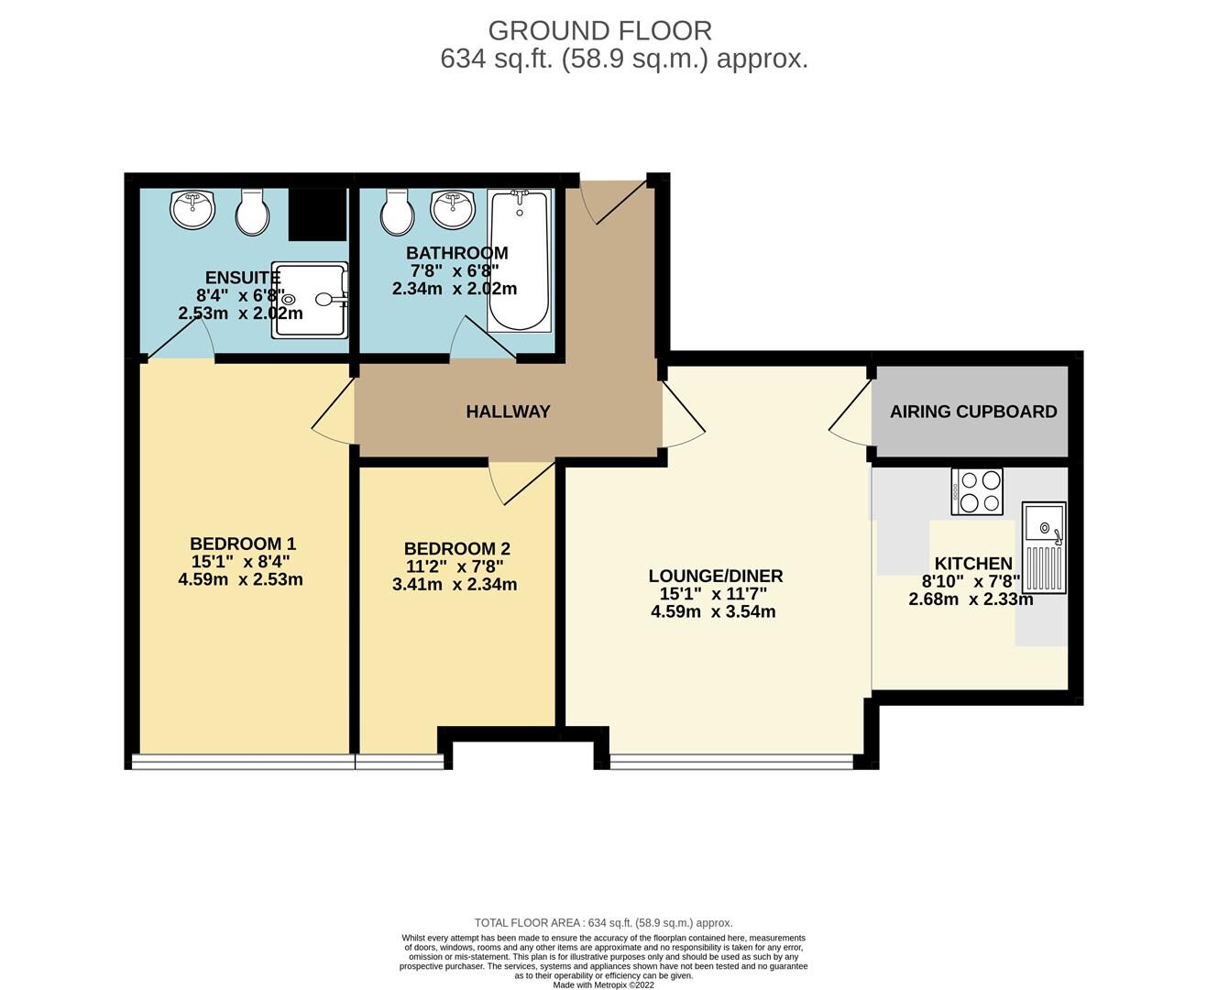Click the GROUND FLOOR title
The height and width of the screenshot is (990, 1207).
click(x=599, y=30)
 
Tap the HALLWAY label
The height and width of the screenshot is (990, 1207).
click(x=508, y=412)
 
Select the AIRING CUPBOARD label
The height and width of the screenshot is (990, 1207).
click(x=973, y=412)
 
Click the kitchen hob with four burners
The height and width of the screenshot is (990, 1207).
click(x=977, y=491)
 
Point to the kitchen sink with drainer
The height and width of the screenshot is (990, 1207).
click(x=1044, y=547)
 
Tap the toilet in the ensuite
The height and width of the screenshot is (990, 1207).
click(x=252, y=214)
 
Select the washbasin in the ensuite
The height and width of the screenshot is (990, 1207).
click(x=192, y=209)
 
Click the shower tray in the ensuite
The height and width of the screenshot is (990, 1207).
click(x=311, y=300)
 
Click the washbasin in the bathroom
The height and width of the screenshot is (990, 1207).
click(x=452, y=209)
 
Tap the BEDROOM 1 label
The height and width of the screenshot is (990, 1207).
click(x=242, y=543)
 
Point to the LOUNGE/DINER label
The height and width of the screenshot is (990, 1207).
click(x=715, y=576)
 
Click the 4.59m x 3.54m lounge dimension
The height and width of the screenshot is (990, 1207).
click(x=713, y=611)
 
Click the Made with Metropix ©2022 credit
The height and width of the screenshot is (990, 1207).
click(x=603, y=985)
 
